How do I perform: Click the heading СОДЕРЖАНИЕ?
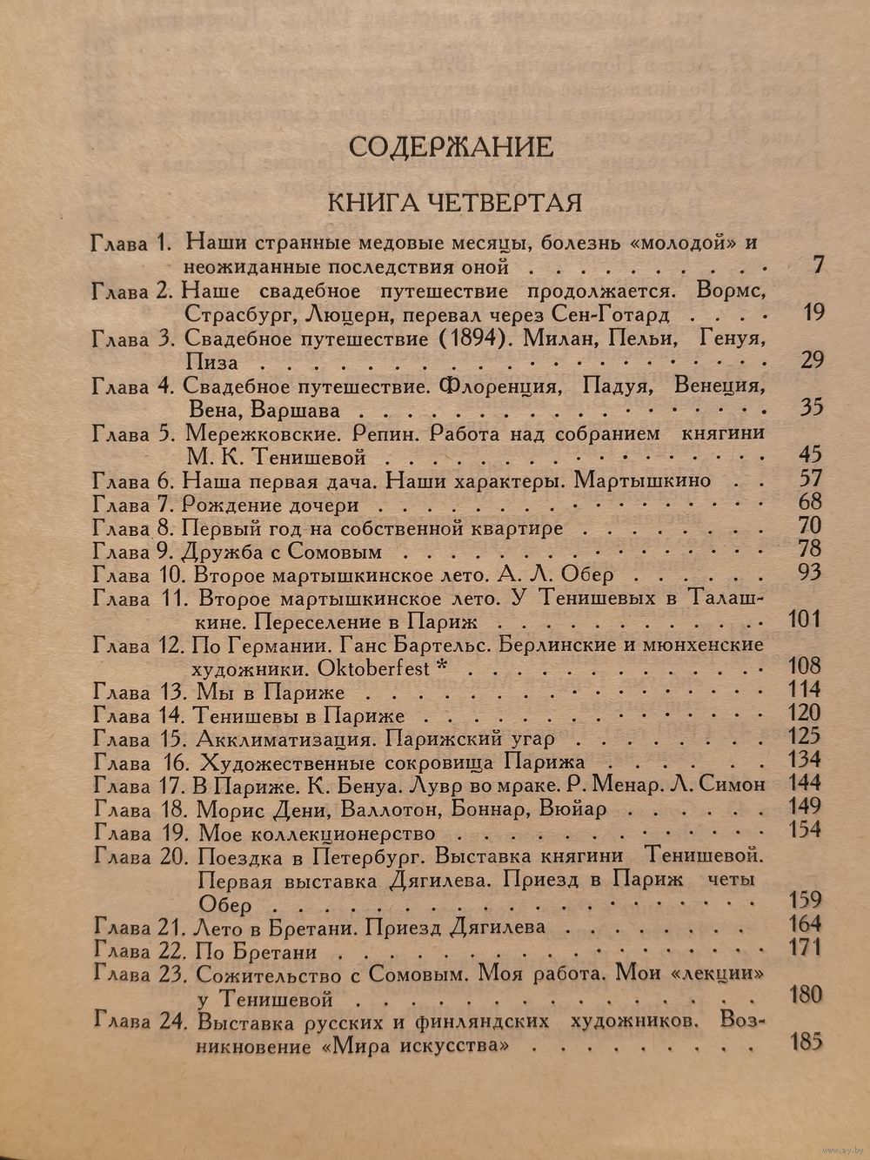[x=450, y=146]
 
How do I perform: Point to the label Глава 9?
[x=132, y=552]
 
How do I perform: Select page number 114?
[x=802, y=691]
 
